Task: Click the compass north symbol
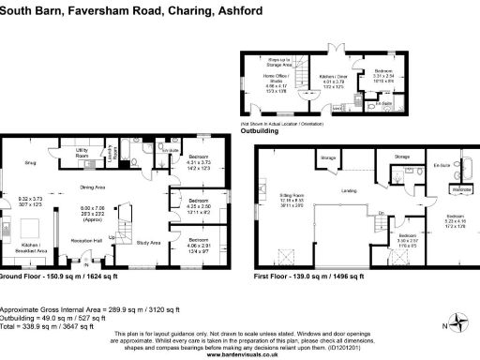click(x=457, y=324)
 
